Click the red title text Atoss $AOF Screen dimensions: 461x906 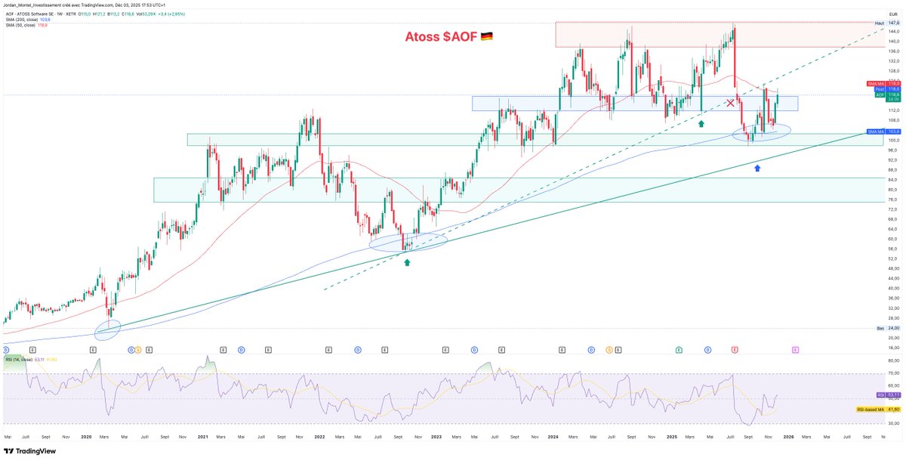click(441, 36)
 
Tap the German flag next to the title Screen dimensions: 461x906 click(486, 36)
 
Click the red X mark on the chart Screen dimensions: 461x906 click(730, 102)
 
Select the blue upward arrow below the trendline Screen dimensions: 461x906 click(757, 167)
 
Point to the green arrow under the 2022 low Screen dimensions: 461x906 click(408, 262)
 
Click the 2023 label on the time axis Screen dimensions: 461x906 click(436, 437)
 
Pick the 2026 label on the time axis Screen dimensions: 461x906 click(787, 437)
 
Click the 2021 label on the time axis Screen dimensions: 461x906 click(203, 437)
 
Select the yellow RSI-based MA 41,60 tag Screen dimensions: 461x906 click(876, 409)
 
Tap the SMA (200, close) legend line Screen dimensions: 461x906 click(26, 19)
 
